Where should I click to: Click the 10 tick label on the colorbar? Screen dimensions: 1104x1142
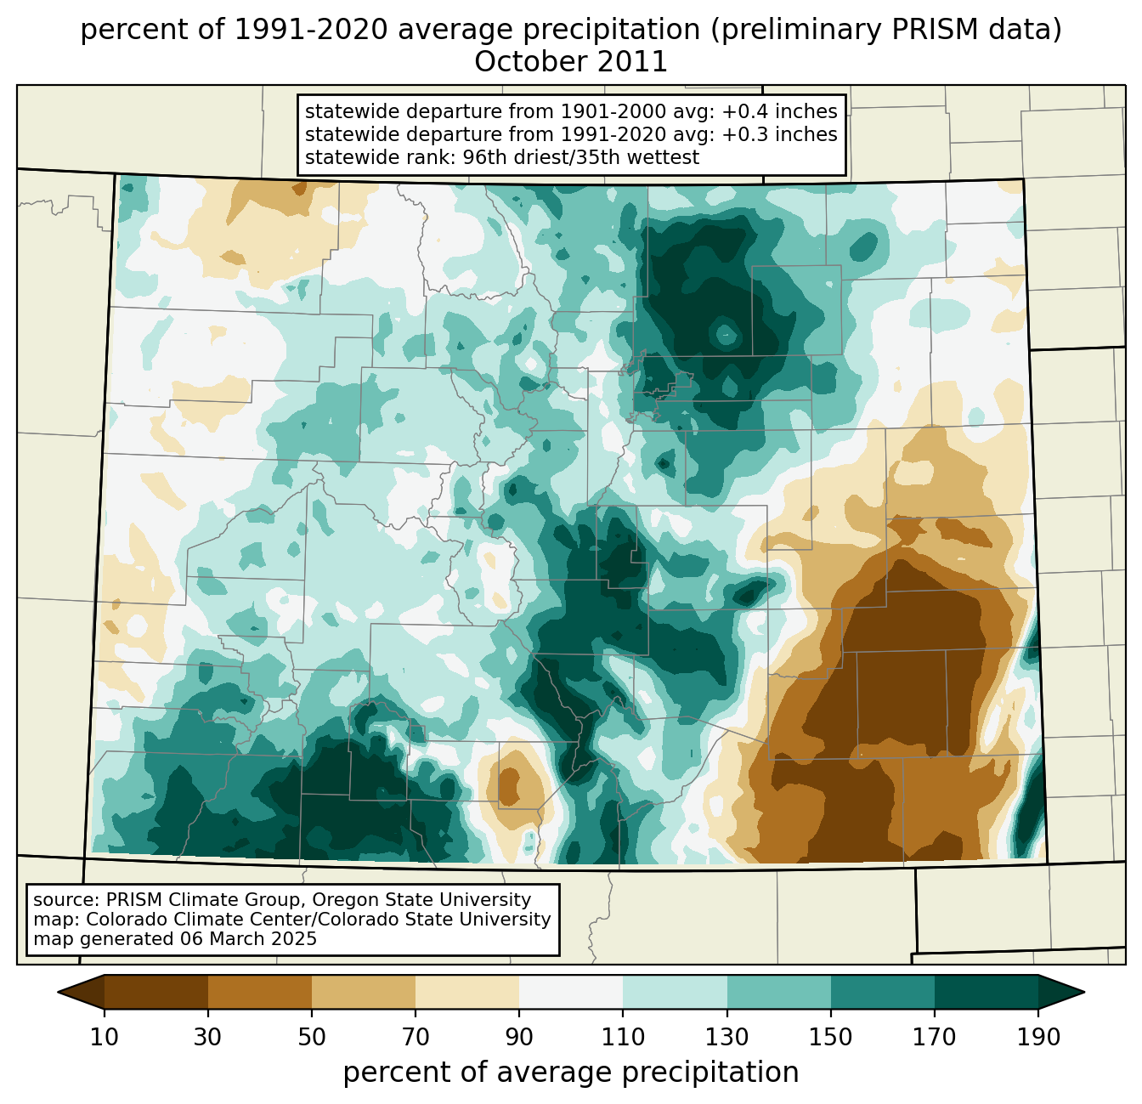pos(105,1038)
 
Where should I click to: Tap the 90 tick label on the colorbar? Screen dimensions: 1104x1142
pos(519,1038)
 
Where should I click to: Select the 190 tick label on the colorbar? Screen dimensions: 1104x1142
pos(1037,1038)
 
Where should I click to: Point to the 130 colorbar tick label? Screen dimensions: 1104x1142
pos(726,1038)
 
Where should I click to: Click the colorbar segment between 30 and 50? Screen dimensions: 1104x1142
pos(260,992)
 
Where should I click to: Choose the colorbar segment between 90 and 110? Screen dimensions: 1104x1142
pos(571,992)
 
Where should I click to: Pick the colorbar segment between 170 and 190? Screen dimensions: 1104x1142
pos(986,992)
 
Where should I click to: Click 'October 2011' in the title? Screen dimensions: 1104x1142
pos(571,62)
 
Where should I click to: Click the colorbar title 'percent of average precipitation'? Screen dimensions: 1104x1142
pos(571,1073)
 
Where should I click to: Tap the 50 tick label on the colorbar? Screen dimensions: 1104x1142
pos(312,1038)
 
